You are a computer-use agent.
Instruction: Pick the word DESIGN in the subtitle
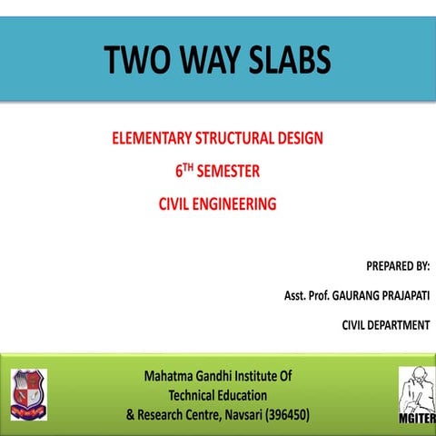click(299, 141)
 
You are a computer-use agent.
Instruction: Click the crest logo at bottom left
click(28, 393)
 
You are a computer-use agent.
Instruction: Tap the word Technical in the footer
click(196, 395)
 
